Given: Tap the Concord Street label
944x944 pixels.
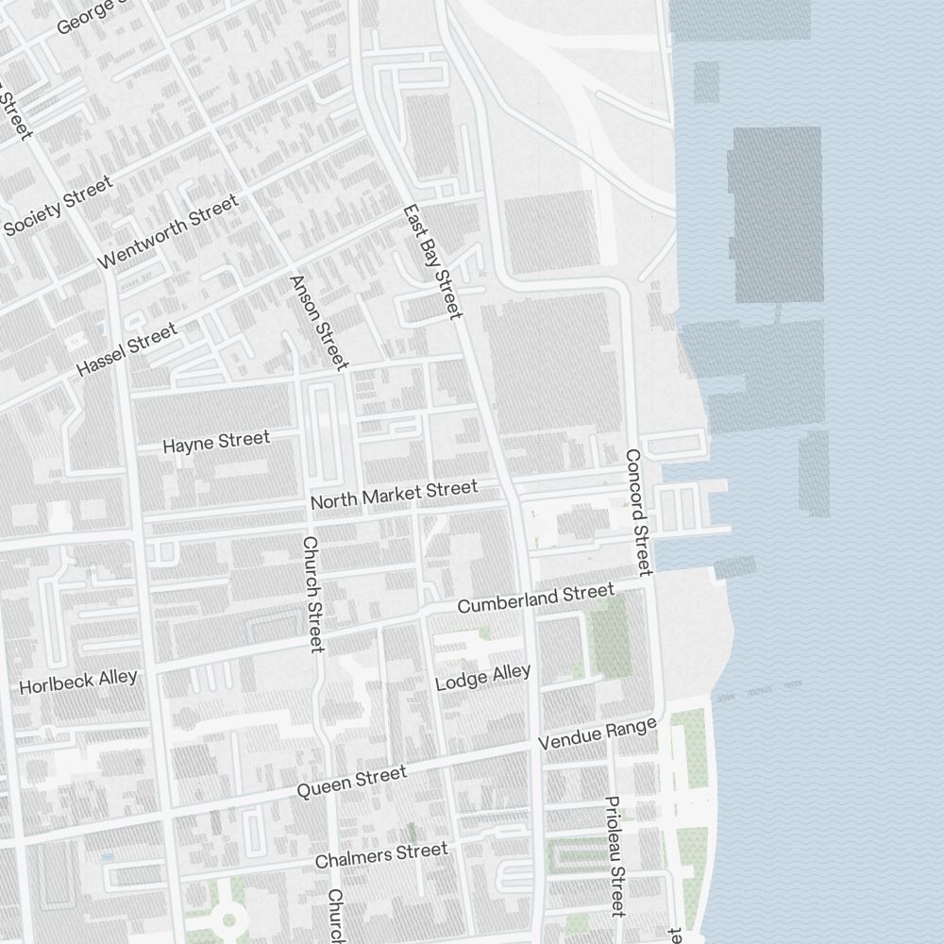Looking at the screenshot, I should (x=638, y=512).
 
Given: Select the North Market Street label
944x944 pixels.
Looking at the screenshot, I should (x=394, y=495).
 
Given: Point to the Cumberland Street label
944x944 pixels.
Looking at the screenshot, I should (x=535, y=598).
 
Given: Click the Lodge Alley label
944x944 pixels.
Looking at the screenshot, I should (x=483, y=677).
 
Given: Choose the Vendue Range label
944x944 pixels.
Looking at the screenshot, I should (x=597, y=735).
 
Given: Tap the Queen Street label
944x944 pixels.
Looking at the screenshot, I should (x=352, y=783).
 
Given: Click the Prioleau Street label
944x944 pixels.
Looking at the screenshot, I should (x=615, y=856).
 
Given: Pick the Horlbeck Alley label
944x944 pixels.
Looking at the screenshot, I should (x=78, y=682).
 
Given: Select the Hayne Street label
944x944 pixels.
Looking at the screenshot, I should (x=216, y=442).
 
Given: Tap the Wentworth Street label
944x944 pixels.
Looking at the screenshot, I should (x=168, y=232).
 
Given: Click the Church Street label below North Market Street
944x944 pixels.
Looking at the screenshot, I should (x=312, y=594).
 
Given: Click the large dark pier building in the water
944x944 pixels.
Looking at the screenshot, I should (x=777, y=215).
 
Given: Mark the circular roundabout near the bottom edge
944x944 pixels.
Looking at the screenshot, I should (x=228, y=918).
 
